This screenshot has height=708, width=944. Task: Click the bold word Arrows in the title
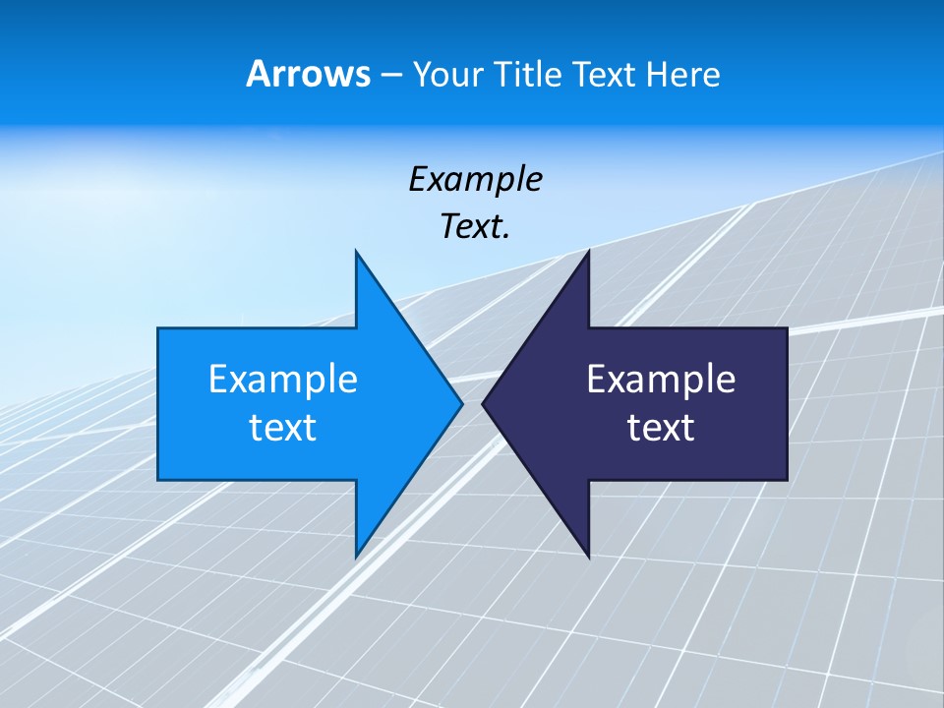click(x=307, y=74)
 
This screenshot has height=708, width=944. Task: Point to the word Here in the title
click(x=683, y=75)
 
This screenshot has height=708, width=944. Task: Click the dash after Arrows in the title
click(x=389, y=76)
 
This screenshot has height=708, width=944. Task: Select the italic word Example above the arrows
click(x=475, y=179)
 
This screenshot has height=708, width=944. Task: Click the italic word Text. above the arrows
click(x=475, y=226)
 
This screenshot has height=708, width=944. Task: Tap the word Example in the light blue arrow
click(x=282, y=380)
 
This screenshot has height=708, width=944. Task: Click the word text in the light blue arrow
click(x=282, y=428)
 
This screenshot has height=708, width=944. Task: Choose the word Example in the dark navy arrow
click(x=661, y=380)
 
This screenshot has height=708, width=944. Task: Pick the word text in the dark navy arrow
click(x=661, y=428)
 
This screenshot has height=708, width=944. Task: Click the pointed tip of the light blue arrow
click(x=461, y=403)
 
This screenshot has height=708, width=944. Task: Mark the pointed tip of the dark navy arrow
click(x=483, y=403)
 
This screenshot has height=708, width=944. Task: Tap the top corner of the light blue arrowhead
click(x=356, y=252)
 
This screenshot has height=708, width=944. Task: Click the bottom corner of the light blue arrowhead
click(x=356, y=557)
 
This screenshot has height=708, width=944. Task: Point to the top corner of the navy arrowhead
click(x=588, y=252)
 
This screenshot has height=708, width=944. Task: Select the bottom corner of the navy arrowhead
click(x=588, y=557)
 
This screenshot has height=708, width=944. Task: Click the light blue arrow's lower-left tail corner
click(x=159, y=479)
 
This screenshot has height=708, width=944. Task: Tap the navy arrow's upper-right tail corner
click(x=786, y=329)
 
